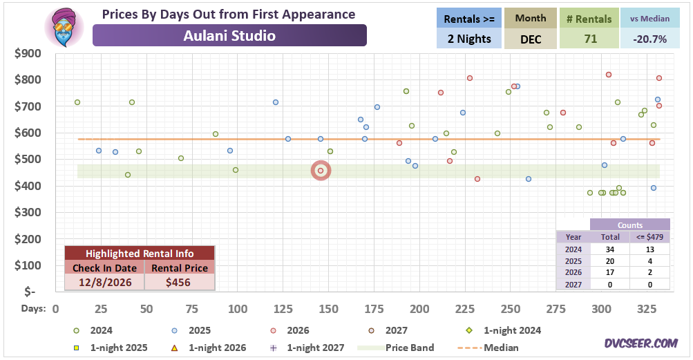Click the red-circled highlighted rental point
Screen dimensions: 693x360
(321, 171)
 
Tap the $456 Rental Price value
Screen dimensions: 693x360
(178, 282)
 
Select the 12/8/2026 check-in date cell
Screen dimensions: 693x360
(105, 282)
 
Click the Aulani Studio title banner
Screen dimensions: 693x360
(229, 35)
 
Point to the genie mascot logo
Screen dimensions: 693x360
(64, 26)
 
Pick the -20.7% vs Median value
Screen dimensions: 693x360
(649, 39)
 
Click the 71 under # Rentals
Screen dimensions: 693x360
(591, 39)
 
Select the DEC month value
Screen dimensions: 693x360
(531, 39)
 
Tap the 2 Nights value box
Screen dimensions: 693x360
(469, 39)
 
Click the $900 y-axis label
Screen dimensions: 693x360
(28, 53)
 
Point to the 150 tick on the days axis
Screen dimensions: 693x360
(328, 309)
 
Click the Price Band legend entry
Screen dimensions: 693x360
(396, 348)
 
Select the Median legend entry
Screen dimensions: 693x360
(488, 348)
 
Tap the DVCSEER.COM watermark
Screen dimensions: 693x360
(641, 343)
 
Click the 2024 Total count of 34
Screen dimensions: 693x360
(610, 249)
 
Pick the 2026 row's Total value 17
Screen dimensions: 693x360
(610, 272)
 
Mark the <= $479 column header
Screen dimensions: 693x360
(649, 237)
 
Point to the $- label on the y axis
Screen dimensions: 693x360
(30, 292)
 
